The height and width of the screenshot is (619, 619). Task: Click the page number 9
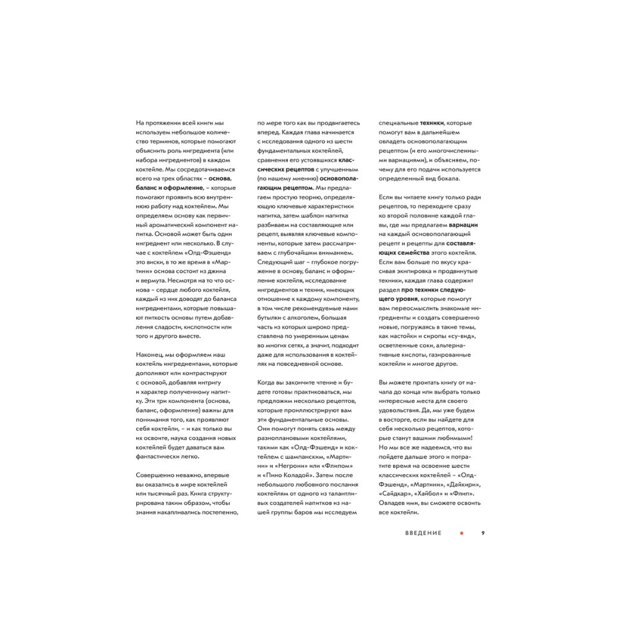(483, 532)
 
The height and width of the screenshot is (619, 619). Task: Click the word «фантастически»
(158, 457)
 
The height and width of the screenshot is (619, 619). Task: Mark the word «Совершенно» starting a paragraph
(156, 475)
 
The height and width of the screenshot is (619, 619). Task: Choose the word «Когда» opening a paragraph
(267, 382)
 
